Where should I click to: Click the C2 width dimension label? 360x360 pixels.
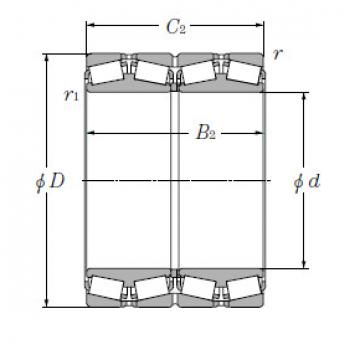(176, 27)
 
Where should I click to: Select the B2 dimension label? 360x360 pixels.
(205, 133)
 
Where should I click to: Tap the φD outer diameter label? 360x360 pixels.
(50, 182)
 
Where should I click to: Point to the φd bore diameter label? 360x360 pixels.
(307, 182)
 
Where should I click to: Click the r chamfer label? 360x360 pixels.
(277, 54)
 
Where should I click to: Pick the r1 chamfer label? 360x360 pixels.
(72, 96)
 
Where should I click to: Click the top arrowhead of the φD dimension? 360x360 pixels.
(47, 57)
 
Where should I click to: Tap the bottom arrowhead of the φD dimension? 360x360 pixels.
(47, 303)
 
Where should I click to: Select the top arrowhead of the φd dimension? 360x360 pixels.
(304, 96)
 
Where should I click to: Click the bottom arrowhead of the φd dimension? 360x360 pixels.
(304, 264)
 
